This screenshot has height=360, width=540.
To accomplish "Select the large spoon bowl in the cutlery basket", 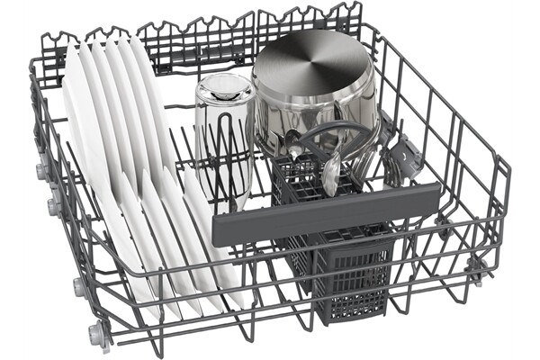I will [x=331, y=173].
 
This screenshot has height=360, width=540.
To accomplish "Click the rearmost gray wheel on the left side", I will [x=42, y=168].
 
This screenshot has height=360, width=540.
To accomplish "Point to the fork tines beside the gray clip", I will [x=389, y=162].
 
